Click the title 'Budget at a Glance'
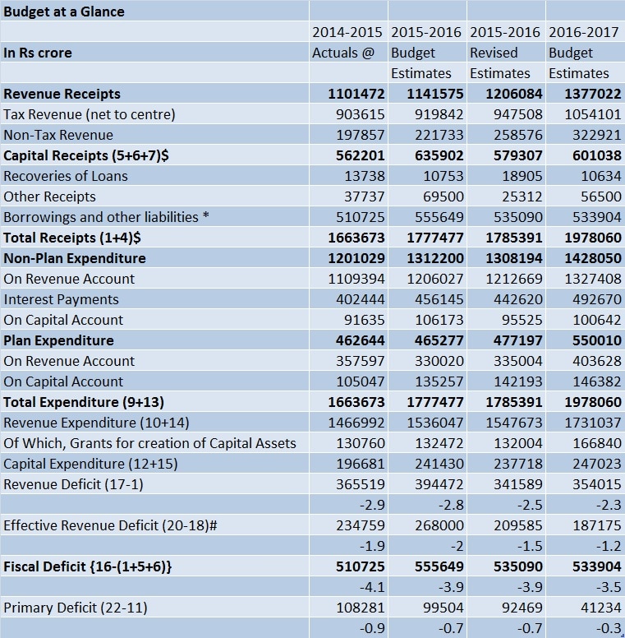point(64,12)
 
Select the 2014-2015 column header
point(347,32)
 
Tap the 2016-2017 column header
point(584,32)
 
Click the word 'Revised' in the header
point(494,53)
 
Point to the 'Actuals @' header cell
point(343,53)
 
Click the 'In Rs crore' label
point(38,53)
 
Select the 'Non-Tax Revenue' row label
point(58,135)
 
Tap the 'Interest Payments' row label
point(61,299)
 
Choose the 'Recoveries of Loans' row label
point(66,176)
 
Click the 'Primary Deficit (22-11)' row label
point(76,608)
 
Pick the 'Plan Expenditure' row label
point(58,340)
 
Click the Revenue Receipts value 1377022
point(593,94)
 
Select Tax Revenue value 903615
point(360,114)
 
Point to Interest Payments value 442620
point(517,299)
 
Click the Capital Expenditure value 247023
point(596,464)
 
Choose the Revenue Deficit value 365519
point(360,484)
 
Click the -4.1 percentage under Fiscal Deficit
point(372,587)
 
